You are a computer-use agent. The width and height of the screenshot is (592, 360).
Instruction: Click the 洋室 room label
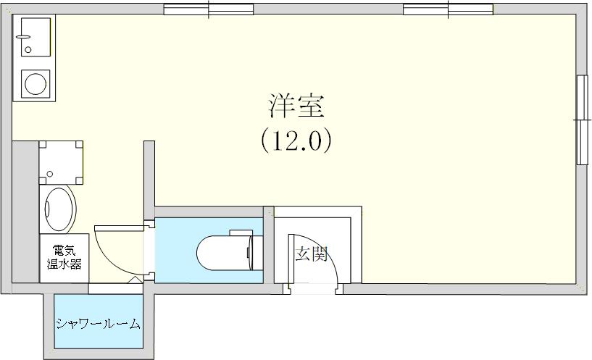coord(296,106)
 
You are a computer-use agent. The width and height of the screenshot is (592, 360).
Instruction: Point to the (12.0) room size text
coord(296,141)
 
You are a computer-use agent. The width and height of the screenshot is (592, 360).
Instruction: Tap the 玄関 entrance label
coord(311,254)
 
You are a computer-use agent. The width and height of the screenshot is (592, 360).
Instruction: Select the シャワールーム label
coord(98,324)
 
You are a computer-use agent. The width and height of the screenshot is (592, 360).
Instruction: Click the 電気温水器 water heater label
coord(64,257)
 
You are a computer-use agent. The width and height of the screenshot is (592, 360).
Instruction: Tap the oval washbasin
coord(59,209)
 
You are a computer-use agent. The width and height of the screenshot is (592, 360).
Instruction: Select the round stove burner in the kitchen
coord(36,84)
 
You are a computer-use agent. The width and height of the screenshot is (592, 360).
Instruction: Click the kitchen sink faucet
coord(23,37)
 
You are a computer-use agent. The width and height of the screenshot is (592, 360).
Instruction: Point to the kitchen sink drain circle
coord(28,49)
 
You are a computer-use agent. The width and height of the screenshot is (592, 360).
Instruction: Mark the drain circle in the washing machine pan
coord(49,174)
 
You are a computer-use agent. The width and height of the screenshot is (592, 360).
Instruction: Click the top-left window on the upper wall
coord(209,9)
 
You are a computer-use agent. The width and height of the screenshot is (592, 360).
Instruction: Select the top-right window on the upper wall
coord(448,9)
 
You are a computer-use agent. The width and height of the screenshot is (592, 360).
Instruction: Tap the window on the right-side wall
coord(583,120)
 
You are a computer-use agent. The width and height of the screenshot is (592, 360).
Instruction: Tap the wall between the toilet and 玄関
coord(268,245)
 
